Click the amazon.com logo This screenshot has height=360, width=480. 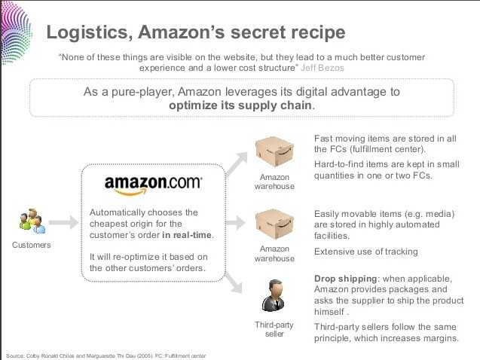pyautogui.click(x=153, y=185)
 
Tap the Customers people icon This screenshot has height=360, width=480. pyautogui.click(x=32, y=221)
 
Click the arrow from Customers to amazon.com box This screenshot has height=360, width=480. pyautogui.click(x=63, y=222)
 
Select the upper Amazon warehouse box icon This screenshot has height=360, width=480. pyautogui.click(x=274, y=152)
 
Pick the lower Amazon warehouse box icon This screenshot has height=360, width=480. pyautogui.click(x=274, y=224)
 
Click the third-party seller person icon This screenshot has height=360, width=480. pyautogui.click(x=274, y=296)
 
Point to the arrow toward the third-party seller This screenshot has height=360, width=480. pyautogui.click(x=234, y=282)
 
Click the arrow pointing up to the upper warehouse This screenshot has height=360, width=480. pyautogui.click(x=237, y=164)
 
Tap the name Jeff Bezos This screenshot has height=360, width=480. pyautogui.click(x=323, y=68)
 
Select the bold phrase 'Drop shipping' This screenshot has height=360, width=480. pyautogui.click(x=346, y=279)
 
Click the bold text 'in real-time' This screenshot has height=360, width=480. pyautogui.click(x=187, y=235)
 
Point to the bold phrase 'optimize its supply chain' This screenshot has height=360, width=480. pyautogui.click(x=240, y=105)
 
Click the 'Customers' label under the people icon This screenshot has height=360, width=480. pyautogui.click(x=32, y=245)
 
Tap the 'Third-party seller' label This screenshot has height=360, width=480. pyautogui.click(x=274, y=329)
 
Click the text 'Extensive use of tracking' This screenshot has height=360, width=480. pyautogui.click(x=365, y=252)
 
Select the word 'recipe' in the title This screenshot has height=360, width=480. pyautogui.click(x=318, y=33)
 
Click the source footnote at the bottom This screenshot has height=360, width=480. pyautogui.click(x=106, y=356)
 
